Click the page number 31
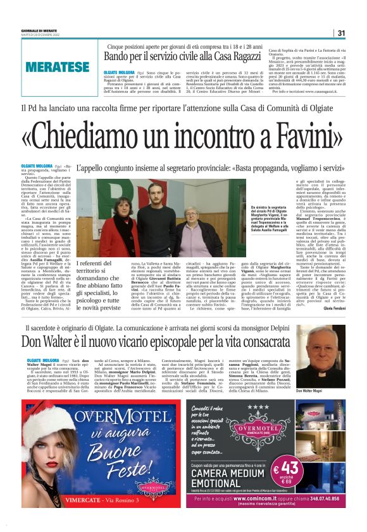(x=341, y=33)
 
